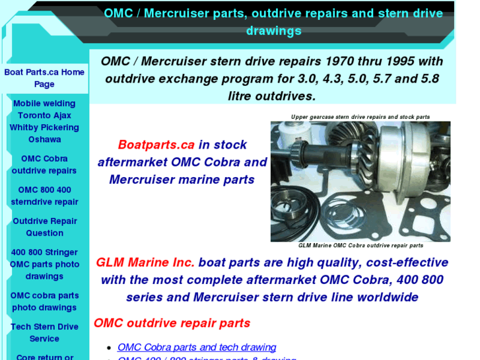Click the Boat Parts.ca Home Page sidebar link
(44, 78)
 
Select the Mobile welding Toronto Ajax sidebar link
(44, 121)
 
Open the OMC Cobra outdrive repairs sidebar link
(44, 164)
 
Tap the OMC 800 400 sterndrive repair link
(44, 196)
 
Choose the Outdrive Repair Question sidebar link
(44, 227)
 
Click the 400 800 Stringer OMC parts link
(44, 264)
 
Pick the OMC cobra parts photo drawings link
(44, 301)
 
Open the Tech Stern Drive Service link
(44, 332)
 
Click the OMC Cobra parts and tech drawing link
(197, 347)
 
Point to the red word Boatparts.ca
(156, 145)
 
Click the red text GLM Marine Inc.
(145, 262)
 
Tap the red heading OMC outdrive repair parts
(172, 323)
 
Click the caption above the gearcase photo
(360, 117)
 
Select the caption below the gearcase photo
(360, 246)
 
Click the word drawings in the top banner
(273, 30)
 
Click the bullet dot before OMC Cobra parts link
(109, 347)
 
